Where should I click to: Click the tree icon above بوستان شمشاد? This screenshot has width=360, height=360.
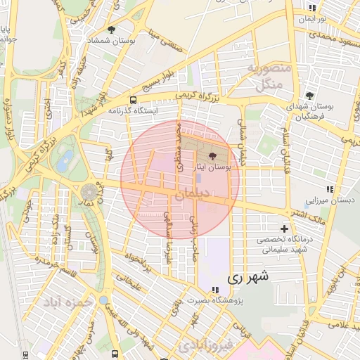(112, 30)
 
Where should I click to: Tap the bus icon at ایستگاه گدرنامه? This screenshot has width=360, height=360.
(134, 100)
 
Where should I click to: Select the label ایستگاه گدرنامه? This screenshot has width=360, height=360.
(134, 111)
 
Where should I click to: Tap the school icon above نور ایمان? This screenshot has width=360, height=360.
(311, 8)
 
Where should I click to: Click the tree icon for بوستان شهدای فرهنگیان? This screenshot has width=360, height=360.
(309, 95)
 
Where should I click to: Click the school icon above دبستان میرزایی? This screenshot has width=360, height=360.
(329, 189)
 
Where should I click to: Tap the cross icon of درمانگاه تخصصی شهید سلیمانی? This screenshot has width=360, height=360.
(284, 229)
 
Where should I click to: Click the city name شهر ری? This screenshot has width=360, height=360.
(247, 278)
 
